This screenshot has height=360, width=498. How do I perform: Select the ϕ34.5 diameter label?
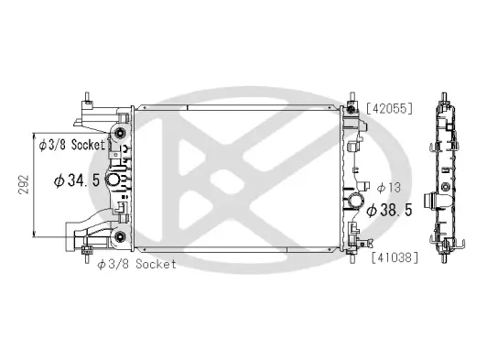[x=77, y=180]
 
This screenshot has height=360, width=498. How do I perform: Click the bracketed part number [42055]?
[x=390, y=108]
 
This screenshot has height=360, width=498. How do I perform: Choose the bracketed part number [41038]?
[x=394, y=256]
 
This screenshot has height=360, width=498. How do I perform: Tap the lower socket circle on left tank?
[x=119, y=240]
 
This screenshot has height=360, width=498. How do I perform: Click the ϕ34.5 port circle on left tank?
[x=116, y=180]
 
